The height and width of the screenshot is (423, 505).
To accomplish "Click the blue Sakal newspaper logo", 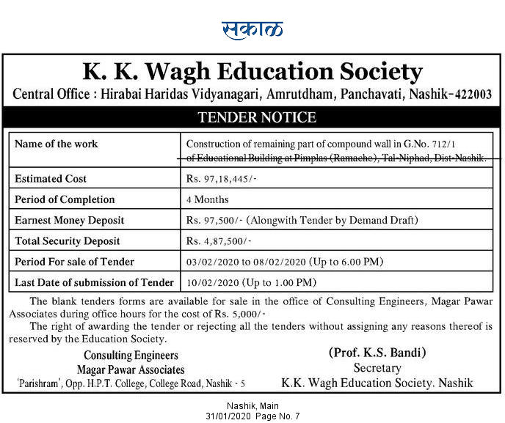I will (x=252, y=29).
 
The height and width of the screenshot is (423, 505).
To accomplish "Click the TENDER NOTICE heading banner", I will (x=252, y=117).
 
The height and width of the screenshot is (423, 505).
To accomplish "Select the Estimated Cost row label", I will (x=51, y=179).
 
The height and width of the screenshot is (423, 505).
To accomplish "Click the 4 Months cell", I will (x=208, y=199).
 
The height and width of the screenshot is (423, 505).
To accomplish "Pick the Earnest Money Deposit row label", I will (x=70, y=220).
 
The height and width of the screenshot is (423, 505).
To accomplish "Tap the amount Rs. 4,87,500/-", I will (x=219, y=240).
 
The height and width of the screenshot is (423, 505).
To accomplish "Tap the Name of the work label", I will (x=57, y=144).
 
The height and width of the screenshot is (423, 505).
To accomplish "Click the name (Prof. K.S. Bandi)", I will (x=377, y=353).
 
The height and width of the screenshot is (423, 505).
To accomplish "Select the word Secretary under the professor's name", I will (x=377, y=368).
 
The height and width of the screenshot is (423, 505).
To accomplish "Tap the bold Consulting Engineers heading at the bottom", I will (x=131, y=356).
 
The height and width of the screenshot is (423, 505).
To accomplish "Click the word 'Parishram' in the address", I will (x=38, y=383).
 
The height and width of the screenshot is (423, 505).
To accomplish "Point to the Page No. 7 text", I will (x=277, y=416).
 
